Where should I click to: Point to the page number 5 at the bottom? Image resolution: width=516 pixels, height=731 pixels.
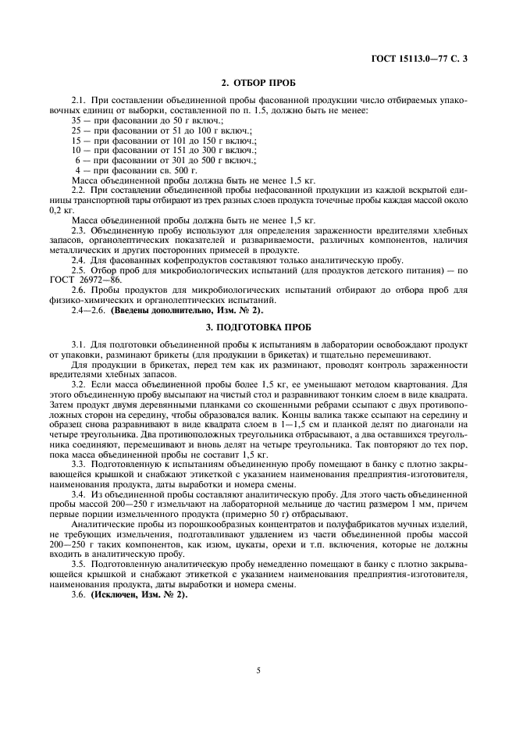point(258,669)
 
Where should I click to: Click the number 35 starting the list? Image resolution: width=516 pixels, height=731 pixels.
point(77,121)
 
